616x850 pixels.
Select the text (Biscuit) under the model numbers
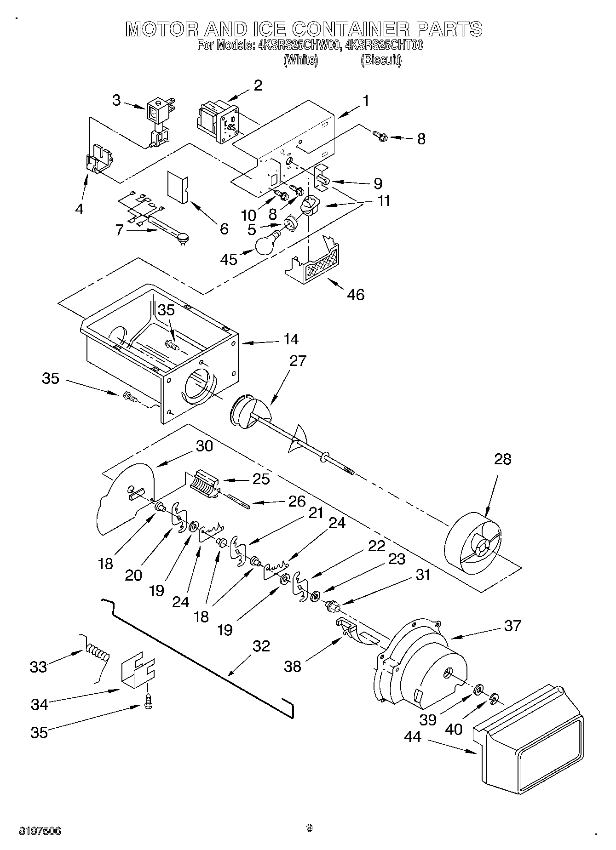click(381, 60)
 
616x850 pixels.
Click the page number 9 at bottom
click(309, 828)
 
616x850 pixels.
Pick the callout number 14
click(291, 339)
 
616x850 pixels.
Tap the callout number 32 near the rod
click(261, 646)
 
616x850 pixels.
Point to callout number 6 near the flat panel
click(224, 228)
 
